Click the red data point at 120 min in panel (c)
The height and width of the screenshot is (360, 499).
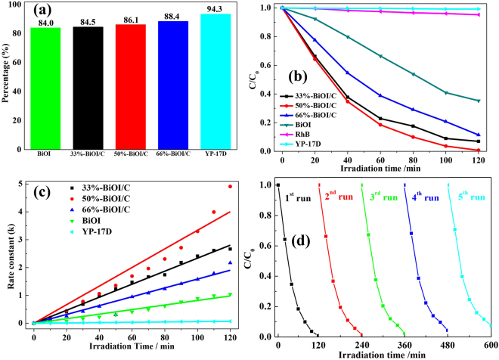tap(230, 186)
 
